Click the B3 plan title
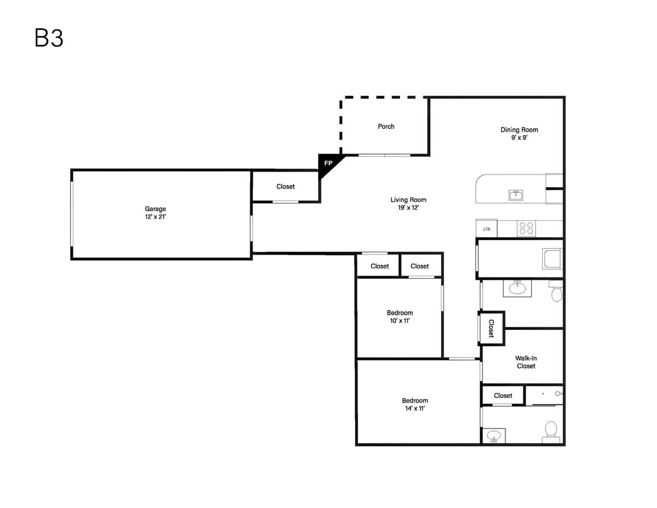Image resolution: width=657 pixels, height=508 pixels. click(x=49, y=38)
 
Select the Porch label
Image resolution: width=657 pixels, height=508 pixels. click(x=386, y=126)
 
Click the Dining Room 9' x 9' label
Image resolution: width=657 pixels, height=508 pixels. click(x=519, y=134)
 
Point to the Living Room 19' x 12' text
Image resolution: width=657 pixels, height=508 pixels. click(x=409, y=203)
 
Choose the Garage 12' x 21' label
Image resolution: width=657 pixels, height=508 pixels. click(x=155, y=212)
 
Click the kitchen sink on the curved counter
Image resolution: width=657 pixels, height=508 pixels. click(x=516, y=195)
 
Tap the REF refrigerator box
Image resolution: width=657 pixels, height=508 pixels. click(x=487, y=229)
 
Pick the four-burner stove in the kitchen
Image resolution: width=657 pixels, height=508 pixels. click(x=526, y=229)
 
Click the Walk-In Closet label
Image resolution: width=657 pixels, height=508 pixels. click(x=526, y=362)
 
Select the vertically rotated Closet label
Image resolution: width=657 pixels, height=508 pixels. click(x=492, y=329)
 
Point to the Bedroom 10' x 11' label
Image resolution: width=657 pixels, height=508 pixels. click(x=399, y=317)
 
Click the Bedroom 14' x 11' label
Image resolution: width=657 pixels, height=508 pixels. click(x=415, y=404)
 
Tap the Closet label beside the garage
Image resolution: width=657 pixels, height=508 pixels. click(x=285, y=187)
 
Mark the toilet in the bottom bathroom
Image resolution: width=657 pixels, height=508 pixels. click(x=551, y=432)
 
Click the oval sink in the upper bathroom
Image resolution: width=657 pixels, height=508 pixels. click(x=517, y=288)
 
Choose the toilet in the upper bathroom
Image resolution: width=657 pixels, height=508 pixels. click(x=556, y=291)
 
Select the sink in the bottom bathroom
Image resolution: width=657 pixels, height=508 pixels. click(x=494, y=436)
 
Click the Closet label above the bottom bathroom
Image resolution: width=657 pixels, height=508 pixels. click(x=503, y=395)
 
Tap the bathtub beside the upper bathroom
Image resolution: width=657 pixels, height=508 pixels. click(x=552, y=259)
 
